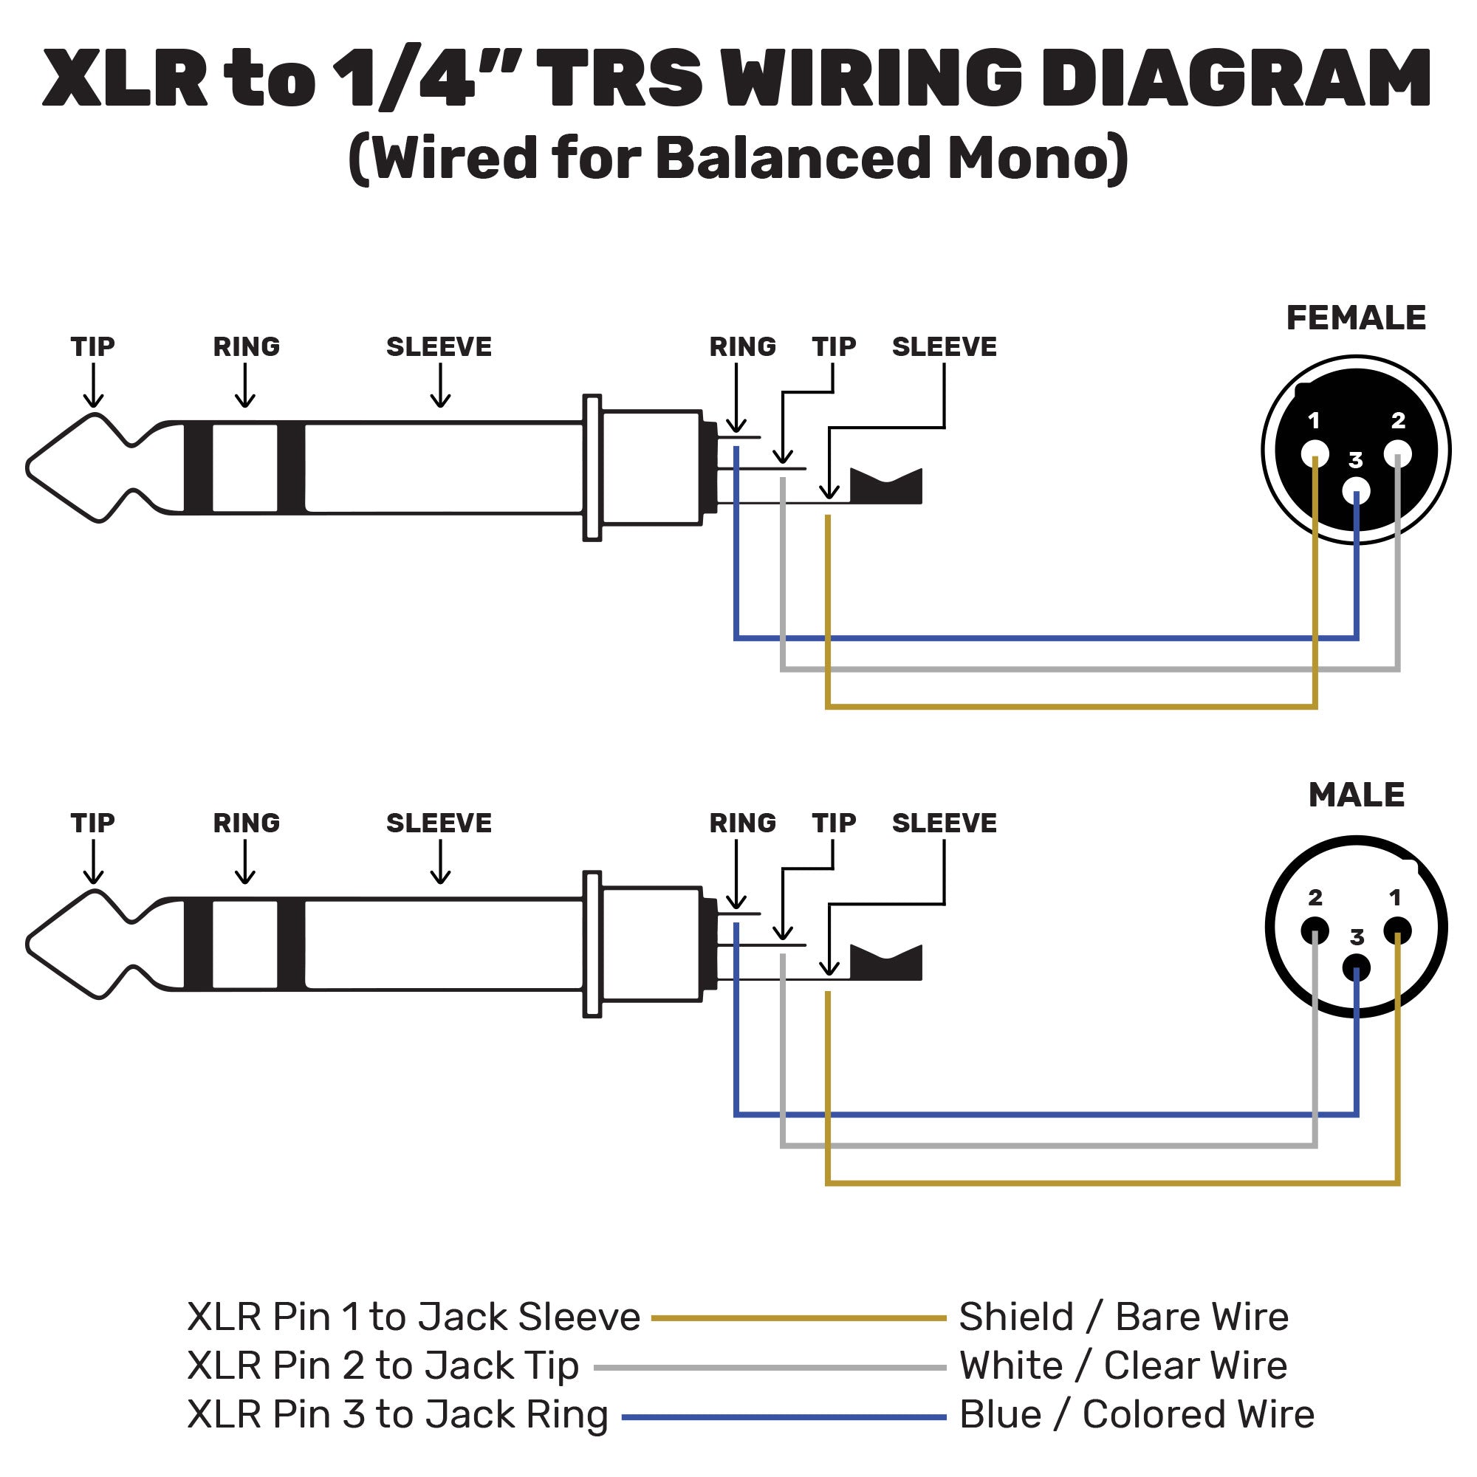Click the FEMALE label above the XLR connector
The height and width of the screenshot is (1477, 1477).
(x=1355, y=318)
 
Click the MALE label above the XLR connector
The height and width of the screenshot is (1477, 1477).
(x=1356, y=795)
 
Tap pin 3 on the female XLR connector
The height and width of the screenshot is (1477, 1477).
(x=1356, y=491)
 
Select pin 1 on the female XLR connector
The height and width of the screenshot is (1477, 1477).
(x=1315, y=454)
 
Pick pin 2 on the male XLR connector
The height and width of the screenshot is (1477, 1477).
(x=1315, y=931)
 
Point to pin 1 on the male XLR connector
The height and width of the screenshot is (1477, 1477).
(x=1397, y=931)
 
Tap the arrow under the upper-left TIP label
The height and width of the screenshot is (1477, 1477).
(x=93, y=386)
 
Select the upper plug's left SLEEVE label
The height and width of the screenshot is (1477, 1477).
(x=439, y=347)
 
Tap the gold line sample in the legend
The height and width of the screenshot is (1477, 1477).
(x=798, y=1318)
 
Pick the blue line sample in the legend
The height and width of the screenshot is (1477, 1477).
(x=784, y=1417)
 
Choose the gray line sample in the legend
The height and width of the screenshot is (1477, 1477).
(x=770, y=1368)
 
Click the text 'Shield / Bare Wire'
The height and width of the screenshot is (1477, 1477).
(x=1123, y=1317)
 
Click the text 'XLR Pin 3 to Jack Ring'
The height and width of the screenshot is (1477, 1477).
(x=397, y=1415)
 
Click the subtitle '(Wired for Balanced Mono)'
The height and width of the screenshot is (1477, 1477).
(x=738, y=158)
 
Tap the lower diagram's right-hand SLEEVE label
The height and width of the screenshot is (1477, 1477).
(x=944, y=823)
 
